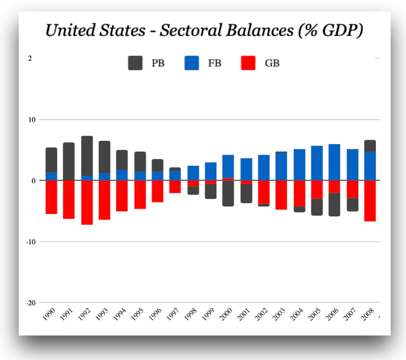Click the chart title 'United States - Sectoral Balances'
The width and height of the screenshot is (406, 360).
pyautogui.click(x=204, y=31)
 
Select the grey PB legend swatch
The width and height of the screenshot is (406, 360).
pyautogui.click(x=135, y=63)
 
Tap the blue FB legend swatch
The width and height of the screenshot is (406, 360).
pyautogui.click(x=191, y=63)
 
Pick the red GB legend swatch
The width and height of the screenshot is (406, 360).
pyautogui.click(x=247, y=63)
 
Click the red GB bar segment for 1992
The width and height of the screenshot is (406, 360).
pyautogui.click(x=87, y=202)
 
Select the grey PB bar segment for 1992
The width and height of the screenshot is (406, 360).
pyautogui.click(x=87, y=156)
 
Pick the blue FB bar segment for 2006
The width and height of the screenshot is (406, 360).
pyautogui.click(x=334, y=162)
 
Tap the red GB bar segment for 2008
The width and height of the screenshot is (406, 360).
pyautogui.click(x=370, y=201)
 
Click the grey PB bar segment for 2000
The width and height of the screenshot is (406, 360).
pyautogui.click(x=228, y=193)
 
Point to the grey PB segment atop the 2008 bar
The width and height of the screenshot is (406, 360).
pyautogui.click(x=370, y=146)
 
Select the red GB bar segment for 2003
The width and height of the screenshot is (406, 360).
pyautogui.click(x=282, y=195)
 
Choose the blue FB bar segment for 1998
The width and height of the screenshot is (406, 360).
pyautogui.click(x=193, y=173)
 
